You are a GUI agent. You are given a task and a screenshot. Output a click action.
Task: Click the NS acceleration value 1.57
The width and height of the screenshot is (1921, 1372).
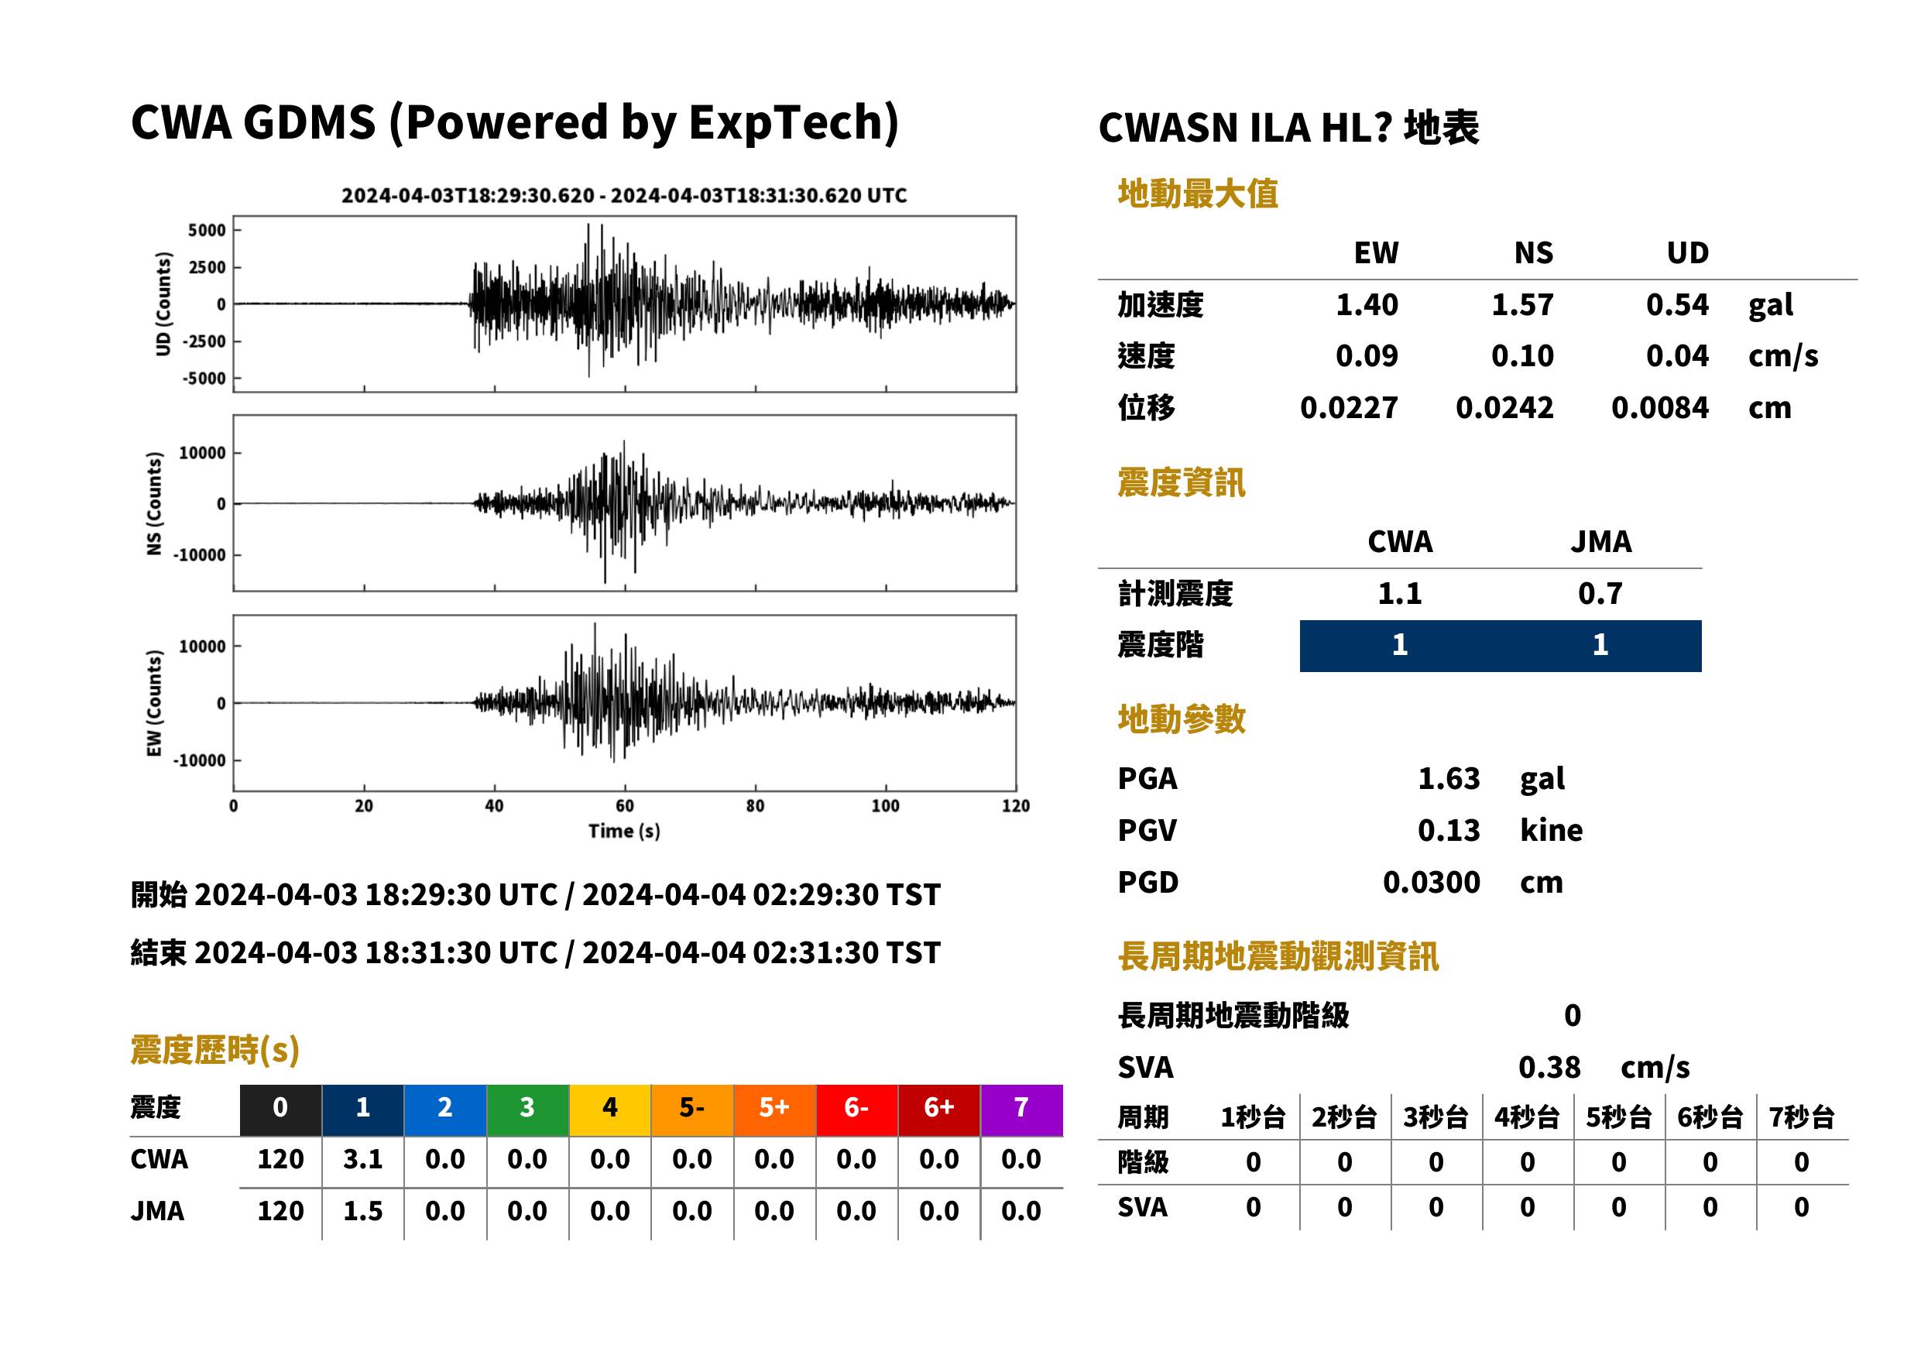(x=1521, y=305)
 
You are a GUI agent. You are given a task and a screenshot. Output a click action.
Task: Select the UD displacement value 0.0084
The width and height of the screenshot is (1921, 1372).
(x=1659, y=408)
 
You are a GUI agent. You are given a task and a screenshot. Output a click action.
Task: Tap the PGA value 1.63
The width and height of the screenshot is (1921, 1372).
(x=1448, y=778)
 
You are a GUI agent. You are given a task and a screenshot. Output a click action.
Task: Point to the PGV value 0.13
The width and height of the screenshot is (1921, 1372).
(x=1448, y=831)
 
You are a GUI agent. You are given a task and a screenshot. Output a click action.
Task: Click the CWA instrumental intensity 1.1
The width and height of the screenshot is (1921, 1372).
(x=1399, y=594)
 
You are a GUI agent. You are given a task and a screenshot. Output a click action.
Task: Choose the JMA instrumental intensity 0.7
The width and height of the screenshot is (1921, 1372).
(x=1599, y=594)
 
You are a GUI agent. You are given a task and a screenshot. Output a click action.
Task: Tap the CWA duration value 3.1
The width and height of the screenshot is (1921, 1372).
(x=362, y=1159)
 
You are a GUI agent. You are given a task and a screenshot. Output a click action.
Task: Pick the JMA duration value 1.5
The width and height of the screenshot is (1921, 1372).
(x=362, y=1212)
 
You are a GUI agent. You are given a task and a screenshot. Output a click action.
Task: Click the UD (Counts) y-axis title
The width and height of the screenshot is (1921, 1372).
(x=163, y=304)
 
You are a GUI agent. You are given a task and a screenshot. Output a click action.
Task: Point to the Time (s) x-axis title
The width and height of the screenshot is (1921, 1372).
(x=624, y=832)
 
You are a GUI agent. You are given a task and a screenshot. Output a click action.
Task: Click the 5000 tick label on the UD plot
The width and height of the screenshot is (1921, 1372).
(x=207, y=231)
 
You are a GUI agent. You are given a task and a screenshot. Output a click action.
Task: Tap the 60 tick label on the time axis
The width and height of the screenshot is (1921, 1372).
(x=624, y=806)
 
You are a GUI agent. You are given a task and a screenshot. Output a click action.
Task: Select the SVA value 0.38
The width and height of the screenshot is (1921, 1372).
(x=1549, y=1068)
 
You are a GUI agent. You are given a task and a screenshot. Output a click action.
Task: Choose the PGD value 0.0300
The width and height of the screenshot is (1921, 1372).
(x=1431, y=883)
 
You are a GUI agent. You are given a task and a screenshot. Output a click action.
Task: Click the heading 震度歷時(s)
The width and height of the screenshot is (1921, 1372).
(x=214, y=1050)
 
